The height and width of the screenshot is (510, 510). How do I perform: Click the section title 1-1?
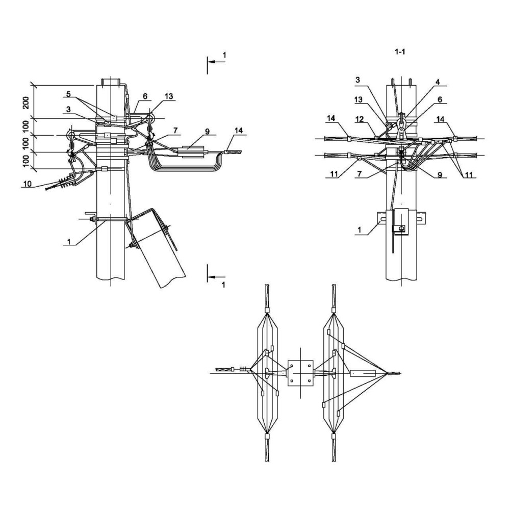[400, 52]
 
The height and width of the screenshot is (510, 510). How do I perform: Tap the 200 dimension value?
[26, 103]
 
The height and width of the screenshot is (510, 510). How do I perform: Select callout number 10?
[28, 184]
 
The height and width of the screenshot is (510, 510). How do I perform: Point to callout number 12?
[359, 119]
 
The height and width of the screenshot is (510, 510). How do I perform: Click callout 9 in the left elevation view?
[207, 132]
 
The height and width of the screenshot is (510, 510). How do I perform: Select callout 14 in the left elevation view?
[238, 131]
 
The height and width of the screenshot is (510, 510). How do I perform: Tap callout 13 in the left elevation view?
[169, 96]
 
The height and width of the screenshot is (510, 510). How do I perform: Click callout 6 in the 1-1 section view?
[440, 100]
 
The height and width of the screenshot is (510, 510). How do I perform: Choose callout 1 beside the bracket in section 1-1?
[360, 230]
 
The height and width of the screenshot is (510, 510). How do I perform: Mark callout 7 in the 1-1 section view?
[360, 174]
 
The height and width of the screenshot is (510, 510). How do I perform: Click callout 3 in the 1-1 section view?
[358, 80]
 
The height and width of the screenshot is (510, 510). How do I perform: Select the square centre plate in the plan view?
[300, 373]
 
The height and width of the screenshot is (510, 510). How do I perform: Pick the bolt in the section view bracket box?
[401, 228]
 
